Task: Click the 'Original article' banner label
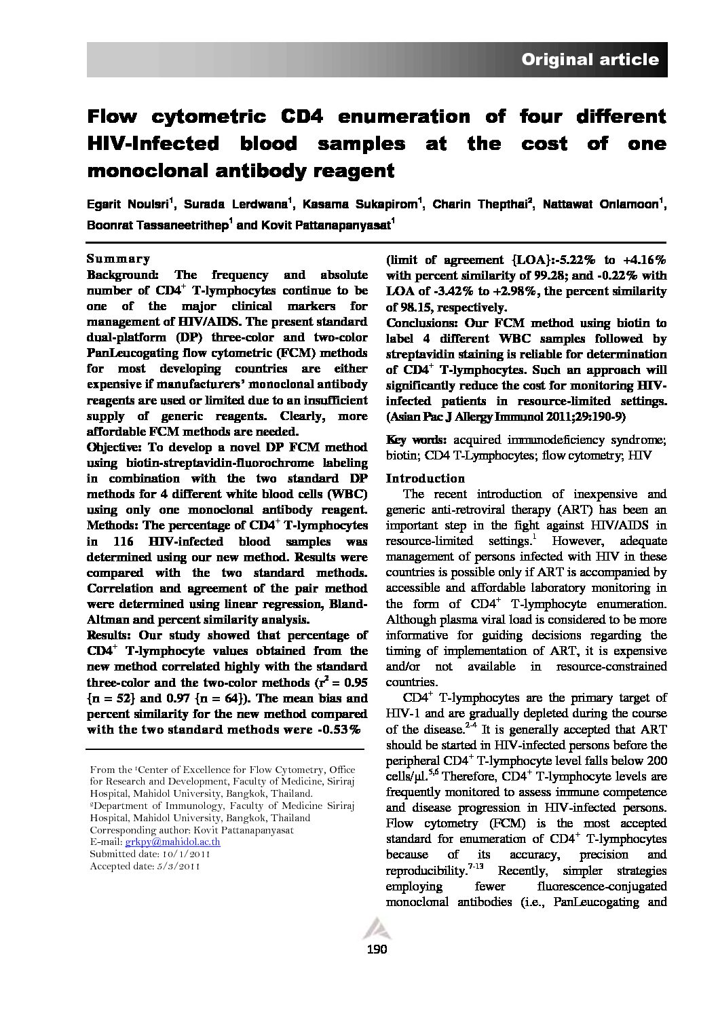[589, 60]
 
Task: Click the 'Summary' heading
[118, 259]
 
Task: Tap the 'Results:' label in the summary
[110, 635]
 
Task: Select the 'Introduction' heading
[426, 478]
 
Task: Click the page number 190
[376, 949]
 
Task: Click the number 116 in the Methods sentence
[136, 542]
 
